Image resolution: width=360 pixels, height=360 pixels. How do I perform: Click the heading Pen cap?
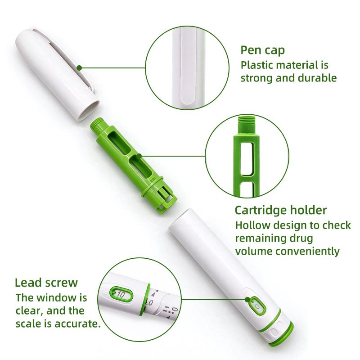(262, 50)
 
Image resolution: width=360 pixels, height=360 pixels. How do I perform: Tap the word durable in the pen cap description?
(317, 78)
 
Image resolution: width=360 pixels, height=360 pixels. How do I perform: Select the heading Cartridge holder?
(280, 210)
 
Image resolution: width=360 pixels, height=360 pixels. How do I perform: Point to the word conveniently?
(308, 252)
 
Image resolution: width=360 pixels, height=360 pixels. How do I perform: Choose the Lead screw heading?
(46, 283)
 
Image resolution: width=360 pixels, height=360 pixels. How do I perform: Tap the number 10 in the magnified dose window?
(121, 294)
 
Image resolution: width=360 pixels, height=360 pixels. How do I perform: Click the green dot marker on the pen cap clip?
(79, 68)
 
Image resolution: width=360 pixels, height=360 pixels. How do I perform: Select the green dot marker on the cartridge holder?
(139, 156)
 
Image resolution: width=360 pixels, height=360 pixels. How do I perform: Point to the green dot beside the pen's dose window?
(247, 300)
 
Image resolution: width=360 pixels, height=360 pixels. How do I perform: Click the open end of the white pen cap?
(88, 111)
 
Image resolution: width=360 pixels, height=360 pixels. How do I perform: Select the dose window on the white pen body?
(257, 306)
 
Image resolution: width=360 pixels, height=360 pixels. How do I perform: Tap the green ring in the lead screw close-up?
(145, 300)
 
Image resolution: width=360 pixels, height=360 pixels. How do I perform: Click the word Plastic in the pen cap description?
(255, 65)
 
